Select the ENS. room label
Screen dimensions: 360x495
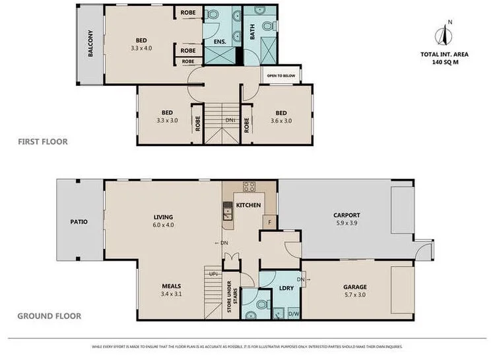(220, 42)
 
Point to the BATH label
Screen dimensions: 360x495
(251, 32)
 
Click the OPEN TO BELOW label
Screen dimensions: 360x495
(281, 76)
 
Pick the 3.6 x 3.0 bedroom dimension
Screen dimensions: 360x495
(281, 121)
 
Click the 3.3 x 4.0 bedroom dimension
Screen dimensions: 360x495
(141, 48)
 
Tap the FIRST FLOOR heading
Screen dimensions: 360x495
(44, 141)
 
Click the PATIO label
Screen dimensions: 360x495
(79, 222)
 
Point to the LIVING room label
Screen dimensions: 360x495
(163, 217)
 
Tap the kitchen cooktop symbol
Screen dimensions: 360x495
(249, 187)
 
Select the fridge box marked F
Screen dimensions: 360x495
(269, 222)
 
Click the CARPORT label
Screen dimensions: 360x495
(346, 215)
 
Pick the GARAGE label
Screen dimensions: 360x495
(354, 287)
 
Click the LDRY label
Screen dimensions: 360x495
(286, 288)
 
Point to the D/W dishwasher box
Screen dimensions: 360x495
(294, 313)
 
